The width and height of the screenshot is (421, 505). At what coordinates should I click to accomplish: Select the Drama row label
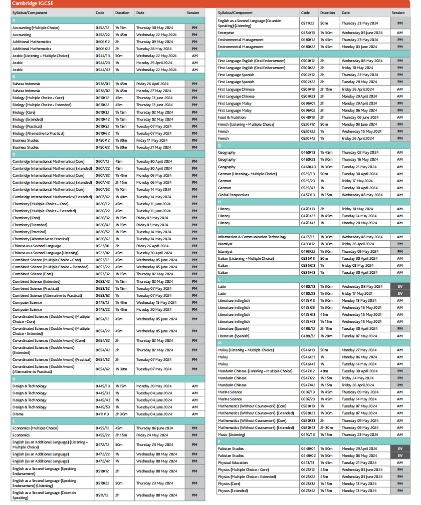18,414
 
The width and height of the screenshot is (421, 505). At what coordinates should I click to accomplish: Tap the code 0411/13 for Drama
101,414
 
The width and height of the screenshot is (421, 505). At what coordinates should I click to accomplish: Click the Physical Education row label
233,462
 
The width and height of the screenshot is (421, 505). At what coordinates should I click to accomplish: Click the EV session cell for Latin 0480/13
399,286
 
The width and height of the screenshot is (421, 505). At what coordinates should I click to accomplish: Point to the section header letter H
220,202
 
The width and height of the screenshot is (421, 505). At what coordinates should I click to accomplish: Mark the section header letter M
220,343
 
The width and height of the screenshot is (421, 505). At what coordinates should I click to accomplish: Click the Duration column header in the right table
327,13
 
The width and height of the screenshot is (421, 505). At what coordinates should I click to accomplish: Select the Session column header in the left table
193,13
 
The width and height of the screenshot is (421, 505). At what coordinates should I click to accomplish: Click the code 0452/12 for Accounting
101,28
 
